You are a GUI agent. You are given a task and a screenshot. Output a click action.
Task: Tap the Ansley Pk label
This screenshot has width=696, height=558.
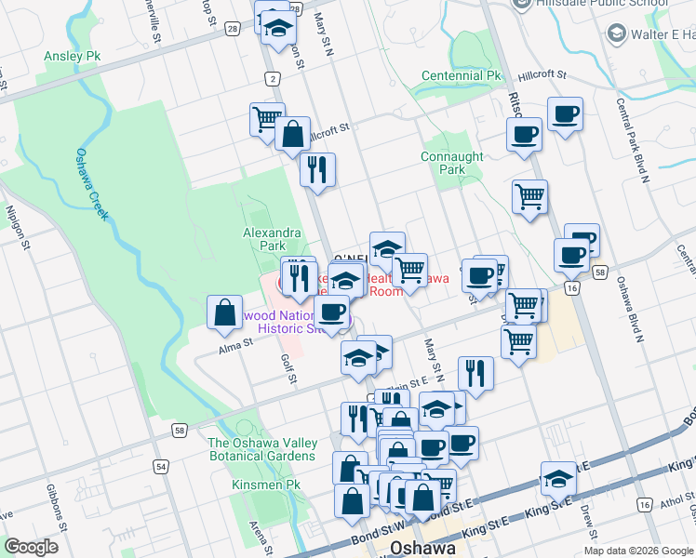click(72, 57)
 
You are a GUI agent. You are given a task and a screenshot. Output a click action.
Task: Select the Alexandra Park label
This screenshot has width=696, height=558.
click(272, 239)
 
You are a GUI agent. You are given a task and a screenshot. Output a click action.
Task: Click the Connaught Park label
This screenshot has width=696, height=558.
click(451, 164)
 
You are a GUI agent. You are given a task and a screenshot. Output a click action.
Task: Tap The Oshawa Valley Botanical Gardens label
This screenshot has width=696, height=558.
click(261, 449)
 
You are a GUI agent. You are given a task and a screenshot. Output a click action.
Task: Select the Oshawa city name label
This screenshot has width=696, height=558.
click(423, 548)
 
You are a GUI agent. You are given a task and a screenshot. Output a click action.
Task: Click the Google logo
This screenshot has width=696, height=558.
click(31, 547)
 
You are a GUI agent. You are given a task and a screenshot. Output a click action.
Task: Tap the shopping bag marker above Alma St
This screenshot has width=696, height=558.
click(225, 312)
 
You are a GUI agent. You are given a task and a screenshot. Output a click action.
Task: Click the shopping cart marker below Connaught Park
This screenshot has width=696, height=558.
click(529, 197)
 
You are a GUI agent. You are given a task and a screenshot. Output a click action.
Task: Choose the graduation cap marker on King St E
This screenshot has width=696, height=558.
click(558, 478)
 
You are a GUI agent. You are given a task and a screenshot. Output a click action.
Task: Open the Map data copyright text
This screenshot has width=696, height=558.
click(638, 550)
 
